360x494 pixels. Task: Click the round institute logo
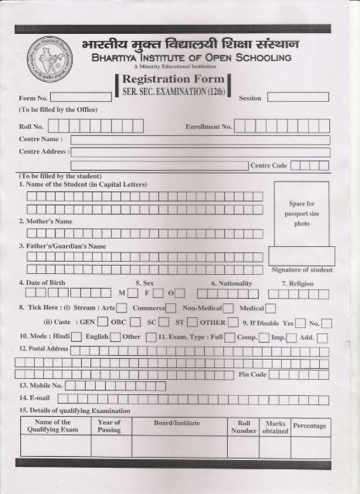coord(44,59)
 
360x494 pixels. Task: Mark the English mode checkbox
coord(114,337)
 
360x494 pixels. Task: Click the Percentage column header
coord(310,426)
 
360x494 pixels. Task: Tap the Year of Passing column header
coord(109,426)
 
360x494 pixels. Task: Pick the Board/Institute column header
coord(175,422)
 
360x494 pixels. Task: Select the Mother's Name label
coord(50,221)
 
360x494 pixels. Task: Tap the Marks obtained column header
coord(275,427)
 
